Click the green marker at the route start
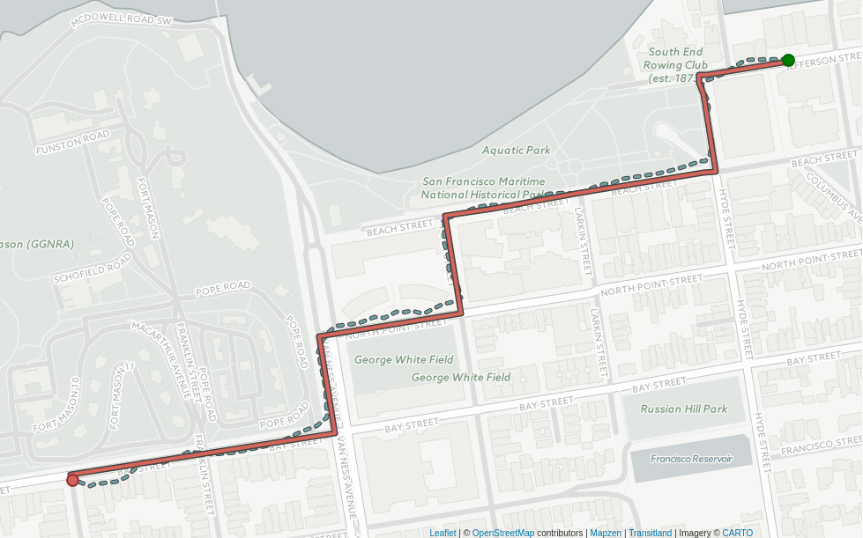point(788,60)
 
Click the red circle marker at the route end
point(72,480)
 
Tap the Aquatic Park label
point(516,151)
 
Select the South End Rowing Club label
point(675,65)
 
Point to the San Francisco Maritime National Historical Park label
point(484,188)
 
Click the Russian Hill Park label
point(683,409)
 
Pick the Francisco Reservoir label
point(691,459)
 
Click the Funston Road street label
point(73,142)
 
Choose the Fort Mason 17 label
point(121,396)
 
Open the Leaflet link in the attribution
point(443,533)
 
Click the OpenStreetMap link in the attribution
point(502,533)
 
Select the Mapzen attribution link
point(606,533)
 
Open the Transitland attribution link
point(651,533)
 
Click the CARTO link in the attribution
point(737,533)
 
